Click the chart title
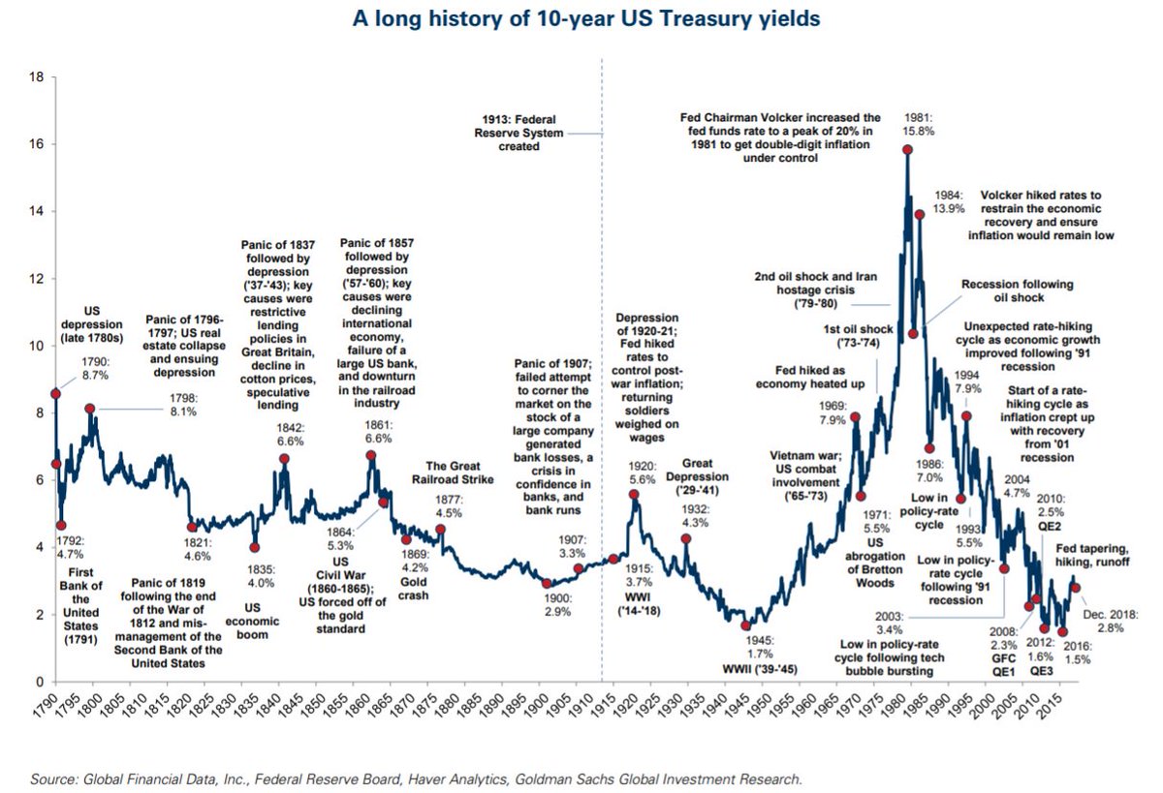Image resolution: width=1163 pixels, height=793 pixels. (581, 18)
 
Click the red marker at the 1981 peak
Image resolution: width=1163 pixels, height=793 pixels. (907, 149)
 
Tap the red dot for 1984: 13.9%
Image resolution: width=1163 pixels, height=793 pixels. (920, 215)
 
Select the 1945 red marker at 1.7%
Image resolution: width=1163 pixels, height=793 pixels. (745, 625)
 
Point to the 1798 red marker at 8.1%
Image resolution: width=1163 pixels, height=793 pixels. (90, 409)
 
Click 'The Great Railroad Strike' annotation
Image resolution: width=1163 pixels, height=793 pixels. (456, 473)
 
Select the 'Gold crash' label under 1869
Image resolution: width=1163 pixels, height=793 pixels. (414, 588)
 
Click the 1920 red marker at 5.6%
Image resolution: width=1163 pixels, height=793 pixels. (634, 494)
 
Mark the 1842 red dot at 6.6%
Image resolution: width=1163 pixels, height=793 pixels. (284, 459)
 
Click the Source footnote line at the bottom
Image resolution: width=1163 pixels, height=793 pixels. (417, 778)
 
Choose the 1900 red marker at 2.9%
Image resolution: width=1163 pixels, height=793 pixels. (547, 584)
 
